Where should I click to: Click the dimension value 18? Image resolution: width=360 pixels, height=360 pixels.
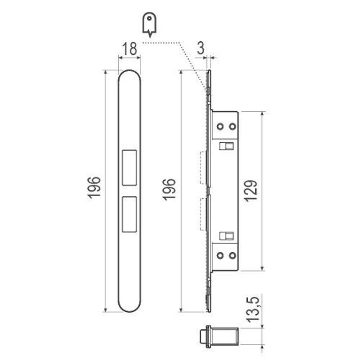(129, 49)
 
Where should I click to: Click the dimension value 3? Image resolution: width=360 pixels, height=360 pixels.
(201, 48)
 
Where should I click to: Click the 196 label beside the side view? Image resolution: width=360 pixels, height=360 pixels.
(169, 189)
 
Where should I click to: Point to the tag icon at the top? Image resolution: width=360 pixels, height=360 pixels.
(149, 24)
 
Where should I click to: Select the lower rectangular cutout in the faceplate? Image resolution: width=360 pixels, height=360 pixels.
(129, 214)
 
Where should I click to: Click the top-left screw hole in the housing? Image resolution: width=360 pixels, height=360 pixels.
(220, 126)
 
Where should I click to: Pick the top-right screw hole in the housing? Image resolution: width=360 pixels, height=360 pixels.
(233, 126)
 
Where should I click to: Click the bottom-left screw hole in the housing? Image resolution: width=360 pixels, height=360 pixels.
(220, 255)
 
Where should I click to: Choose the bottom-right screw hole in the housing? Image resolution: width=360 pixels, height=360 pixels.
(233, 255)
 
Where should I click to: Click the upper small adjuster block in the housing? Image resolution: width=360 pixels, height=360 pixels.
(226, 146)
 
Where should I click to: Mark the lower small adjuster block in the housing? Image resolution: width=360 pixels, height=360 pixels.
(226, 236)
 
